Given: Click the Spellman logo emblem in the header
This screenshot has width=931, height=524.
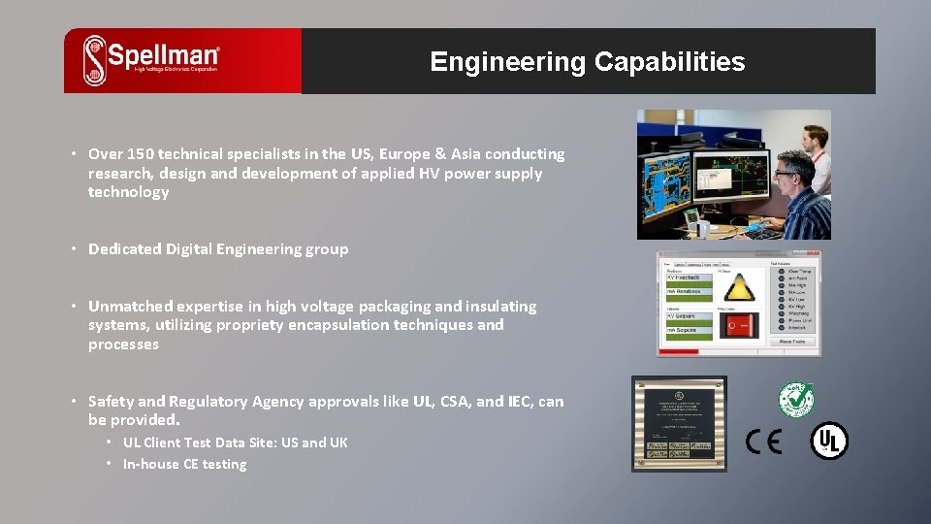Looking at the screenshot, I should [95, 60].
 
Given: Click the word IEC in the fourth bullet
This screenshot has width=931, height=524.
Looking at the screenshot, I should [520, 402].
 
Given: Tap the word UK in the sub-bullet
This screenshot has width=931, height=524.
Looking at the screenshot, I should [337, 442].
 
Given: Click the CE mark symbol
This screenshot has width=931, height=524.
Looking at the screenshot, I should [763, 442].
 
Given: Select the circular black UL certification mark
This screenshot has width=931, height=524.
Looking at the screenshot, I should [829, 441].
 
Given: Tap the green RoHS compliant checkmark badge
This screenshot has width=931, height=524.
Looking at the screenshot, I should [795, 398].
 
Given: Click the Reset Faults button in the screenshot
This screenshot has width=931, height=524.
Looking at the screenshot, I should [792, 342].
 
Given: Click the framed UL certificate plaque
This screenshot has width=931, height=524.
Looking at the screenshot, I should [679, 423].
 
